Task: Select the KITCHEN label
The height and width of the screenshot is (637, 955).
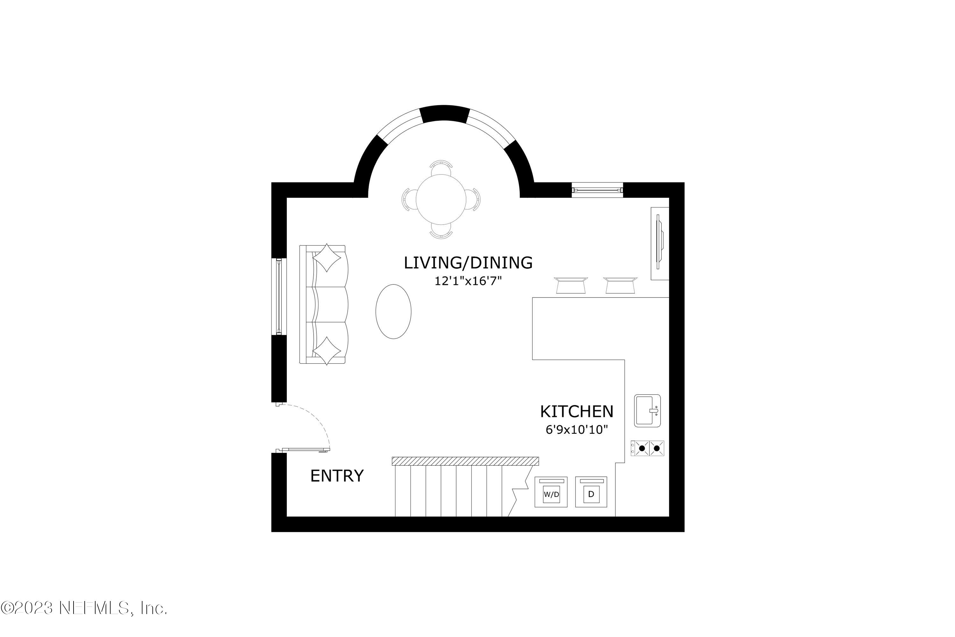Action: (x=576, y=412)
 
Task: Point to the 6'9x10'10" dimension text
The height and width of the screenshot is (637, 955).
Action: (x=576, y=430)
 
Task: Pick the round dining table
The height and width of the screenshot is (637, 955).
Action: (x=441, y=199)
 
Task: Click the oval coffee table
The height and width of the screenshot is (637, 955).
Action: (x=393, y=311)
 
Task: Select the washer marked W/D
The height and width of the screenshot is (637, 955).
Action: (x=551, y=492)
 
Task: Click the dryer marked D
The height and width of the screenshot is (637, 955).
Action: (x=591, y=492)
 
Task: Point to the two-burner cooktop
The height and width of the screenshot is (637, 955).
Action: (x=647, y=448)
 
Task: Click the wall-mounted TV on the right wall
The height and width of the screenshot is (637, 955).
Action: (x=659, y=243)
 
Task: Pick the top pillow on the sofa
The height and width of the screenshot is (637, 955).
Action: (x=327, y=258)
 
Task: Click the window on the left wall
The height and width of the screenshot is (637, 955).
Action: (x=279, y=297)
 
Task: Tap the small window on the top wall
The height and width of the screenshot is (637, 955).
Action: (x=597, y=190)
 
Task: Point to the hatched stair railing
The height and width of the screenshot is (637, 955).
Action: (x=465, y=461)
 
